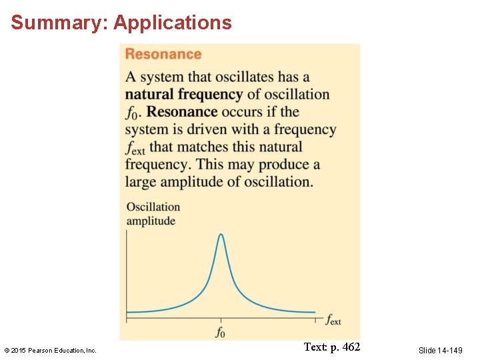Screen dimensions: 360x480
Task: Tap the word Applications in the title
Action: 173,23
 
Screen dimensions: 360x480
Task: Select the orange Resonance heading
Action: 163,55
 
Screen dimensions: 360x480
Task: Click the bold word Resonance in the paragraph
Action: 182,112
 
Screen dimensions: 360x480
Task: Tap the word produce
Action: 289,164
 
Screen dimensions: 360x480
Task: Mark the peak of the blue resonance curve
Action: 221,235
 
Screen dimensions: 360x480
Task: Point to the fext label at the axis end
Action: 333,320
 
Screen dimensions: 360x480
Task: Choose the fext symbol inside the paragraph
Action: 135,147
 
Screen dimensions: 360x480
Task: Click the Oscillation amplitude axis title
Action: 153,214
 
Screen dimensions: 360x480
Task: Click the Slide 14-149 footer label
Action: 440,350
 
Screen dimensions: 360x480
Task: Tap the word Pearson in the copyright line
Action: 42,350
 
